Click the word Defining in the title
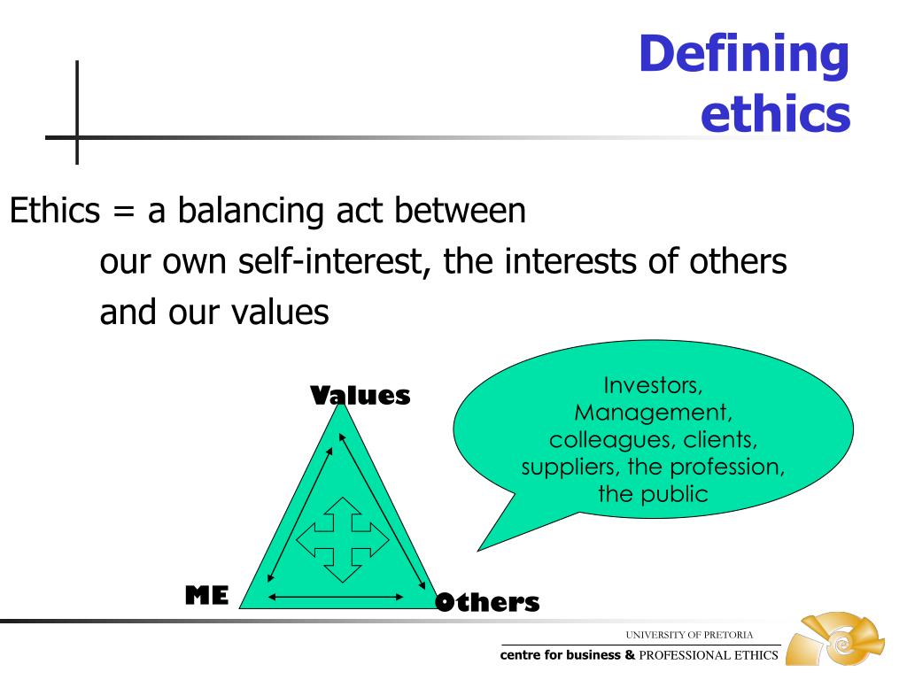click(743, 56)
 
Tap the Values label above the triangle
click(360, 396)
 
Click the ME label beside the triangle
click(206, 596)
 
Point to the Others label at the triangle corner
click(487, 603)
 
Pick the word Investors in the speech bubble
click(653, 385)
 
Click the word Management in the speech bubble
click(654, 413)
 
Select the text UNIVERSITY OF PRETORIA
click(689, 635)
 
